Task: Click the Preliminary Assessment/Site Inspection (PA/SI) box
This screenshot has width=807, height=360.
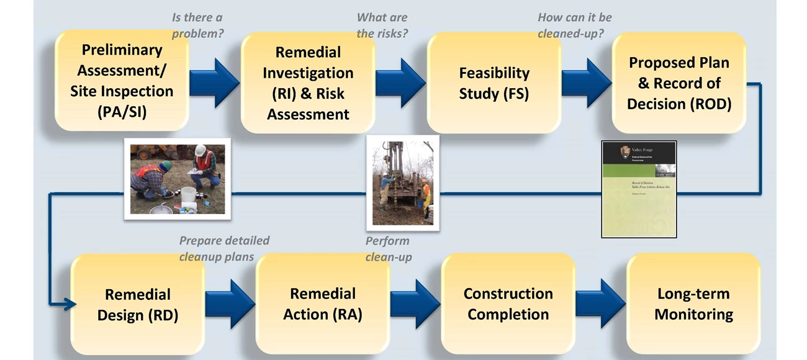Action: [x=122, y=81]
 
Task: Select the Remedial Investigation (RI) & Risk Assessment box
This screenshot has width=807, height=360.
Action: [x=308, y=83]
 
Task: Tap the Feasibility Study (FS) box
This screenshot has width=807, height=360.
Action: [x=494, y=83]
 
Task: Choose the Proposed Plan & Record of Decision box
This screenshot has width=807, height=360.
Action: [x=679, y=83]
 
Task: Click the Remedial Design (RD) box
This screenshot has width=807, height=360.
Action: [x=138, y=304]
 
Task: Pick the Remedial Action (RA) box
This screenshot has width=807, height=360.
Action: [x=323, y=304]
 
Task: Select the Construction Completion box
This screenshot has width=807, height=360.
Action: [x=508, y=304]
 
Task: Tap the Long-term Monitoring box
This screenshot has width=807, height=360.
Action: [x=693, y=304]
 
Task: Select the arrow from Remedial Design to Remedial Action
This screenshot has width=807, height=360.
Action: [x=229, y=304]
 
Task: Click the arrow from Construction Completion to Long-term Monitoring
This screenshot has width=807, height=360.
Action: [x=600, y=304]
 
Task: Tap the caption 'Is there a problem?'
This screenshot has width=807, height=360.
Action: [x=197, y=25]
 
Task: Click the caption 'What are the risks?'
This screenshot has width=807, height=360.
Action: [x=382, y=25]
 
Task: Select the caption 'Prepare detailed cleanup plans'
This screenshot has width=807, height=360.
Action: [x=224, y=248]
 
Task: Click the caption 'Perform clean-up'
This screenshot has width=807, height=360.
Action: [x=388, y=248]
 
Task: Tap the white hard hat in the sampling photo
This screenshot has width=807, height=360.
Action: [x=200, y=150]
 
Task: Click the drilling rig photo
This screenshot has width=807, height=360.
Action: [x=402, y=183]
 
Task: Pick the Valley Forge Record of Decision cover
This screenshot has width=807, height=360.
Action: [x=639, y=189]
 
